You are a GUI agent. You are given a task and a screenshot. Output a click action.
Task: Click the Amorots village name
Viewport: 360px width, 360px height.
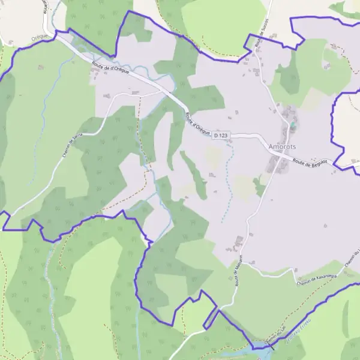point(282,146)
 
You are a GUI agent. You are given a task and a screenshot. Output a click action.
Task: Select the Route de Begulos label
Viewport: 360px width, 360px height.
point(310,161)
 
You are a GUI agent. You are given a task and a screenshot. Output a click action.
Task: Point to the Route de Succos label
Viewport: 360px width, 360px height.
point(260,33)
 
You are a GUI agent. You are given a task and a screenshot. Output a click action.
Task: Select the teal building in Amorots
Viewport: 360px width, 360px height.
point(292,125)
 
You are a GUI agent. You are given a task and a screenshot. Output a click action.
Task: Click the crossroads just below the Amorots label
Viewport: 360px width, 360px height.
point(278,157)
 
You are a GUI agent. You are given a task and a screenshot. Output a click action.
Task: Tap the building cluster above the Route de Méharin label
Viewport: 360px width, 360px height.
point(238,243)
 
